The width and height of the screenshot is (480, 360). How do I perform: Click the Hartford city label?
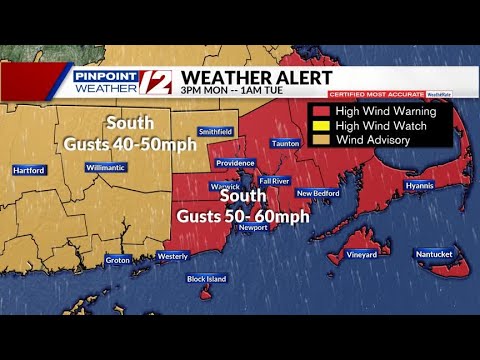31,171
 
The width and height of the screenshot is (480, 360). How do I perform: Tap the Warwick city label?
224,186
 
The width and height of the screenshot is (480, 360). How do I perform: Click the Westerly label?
173,256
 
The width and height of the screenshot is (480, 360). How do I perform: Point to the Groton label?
118,260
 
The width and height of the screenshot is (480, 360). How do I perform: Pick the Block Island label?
207,279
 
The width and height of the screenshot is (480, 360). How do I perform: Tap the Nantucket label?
435,254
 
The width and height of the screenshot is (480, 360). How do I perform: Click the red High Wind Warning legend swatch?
322,111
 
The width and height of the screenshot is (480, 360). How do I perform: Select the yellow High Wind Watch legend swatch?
322,126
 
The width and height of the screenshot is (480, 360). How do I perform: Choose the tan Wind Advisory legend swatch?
322,140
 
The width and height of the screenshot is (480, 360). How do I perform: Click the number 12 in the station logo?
160,82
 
